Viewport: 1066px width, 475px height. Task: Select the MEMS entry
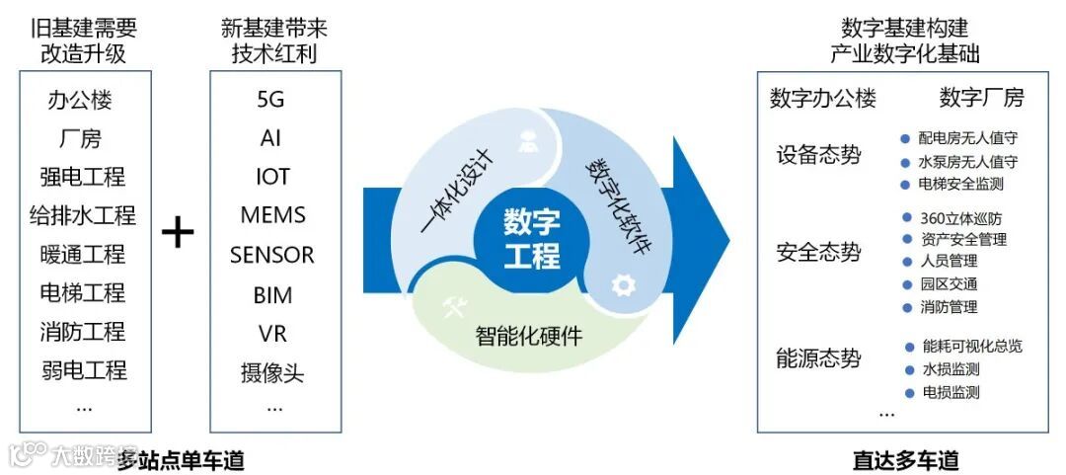(x=272, y=215)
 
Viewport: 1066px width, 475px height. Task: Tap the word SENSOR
(x=272, y=255)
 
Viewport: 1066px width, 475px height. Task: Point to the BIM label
(x=272, y=294)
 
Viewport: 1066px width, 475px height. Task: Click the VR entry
(x=272, y=333)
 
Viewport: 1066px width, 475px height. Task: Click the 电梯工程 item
(x=83, y=293)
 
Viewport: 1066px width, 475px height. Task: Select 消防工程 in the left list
(x=83, y=332)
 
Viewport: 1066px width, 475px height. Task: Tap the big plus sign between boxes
(x=178, y=233)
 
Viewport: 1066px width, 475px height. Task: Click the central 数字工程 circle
(x=531, y=237)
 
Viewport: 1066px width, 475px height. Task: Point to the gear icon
(x=622, y=285)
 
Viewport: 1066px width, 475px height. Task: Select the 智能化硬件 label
(x=529, y=336)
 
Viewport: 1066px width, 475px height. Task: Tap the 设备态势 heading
(x=818, y=155)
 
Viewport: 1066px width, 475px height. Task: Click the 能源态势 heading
(x=818, y=358)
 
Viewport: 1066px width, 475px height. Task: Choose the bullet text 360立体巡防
(x=959, y=218)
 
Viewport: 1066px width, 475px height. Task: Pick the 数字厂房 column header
(x=981, y=98)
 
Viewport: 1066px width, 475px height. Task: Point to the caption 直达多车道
(x=905, y=460)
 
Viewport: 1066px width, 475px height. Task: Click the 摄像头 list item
(x=272, y=373)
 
